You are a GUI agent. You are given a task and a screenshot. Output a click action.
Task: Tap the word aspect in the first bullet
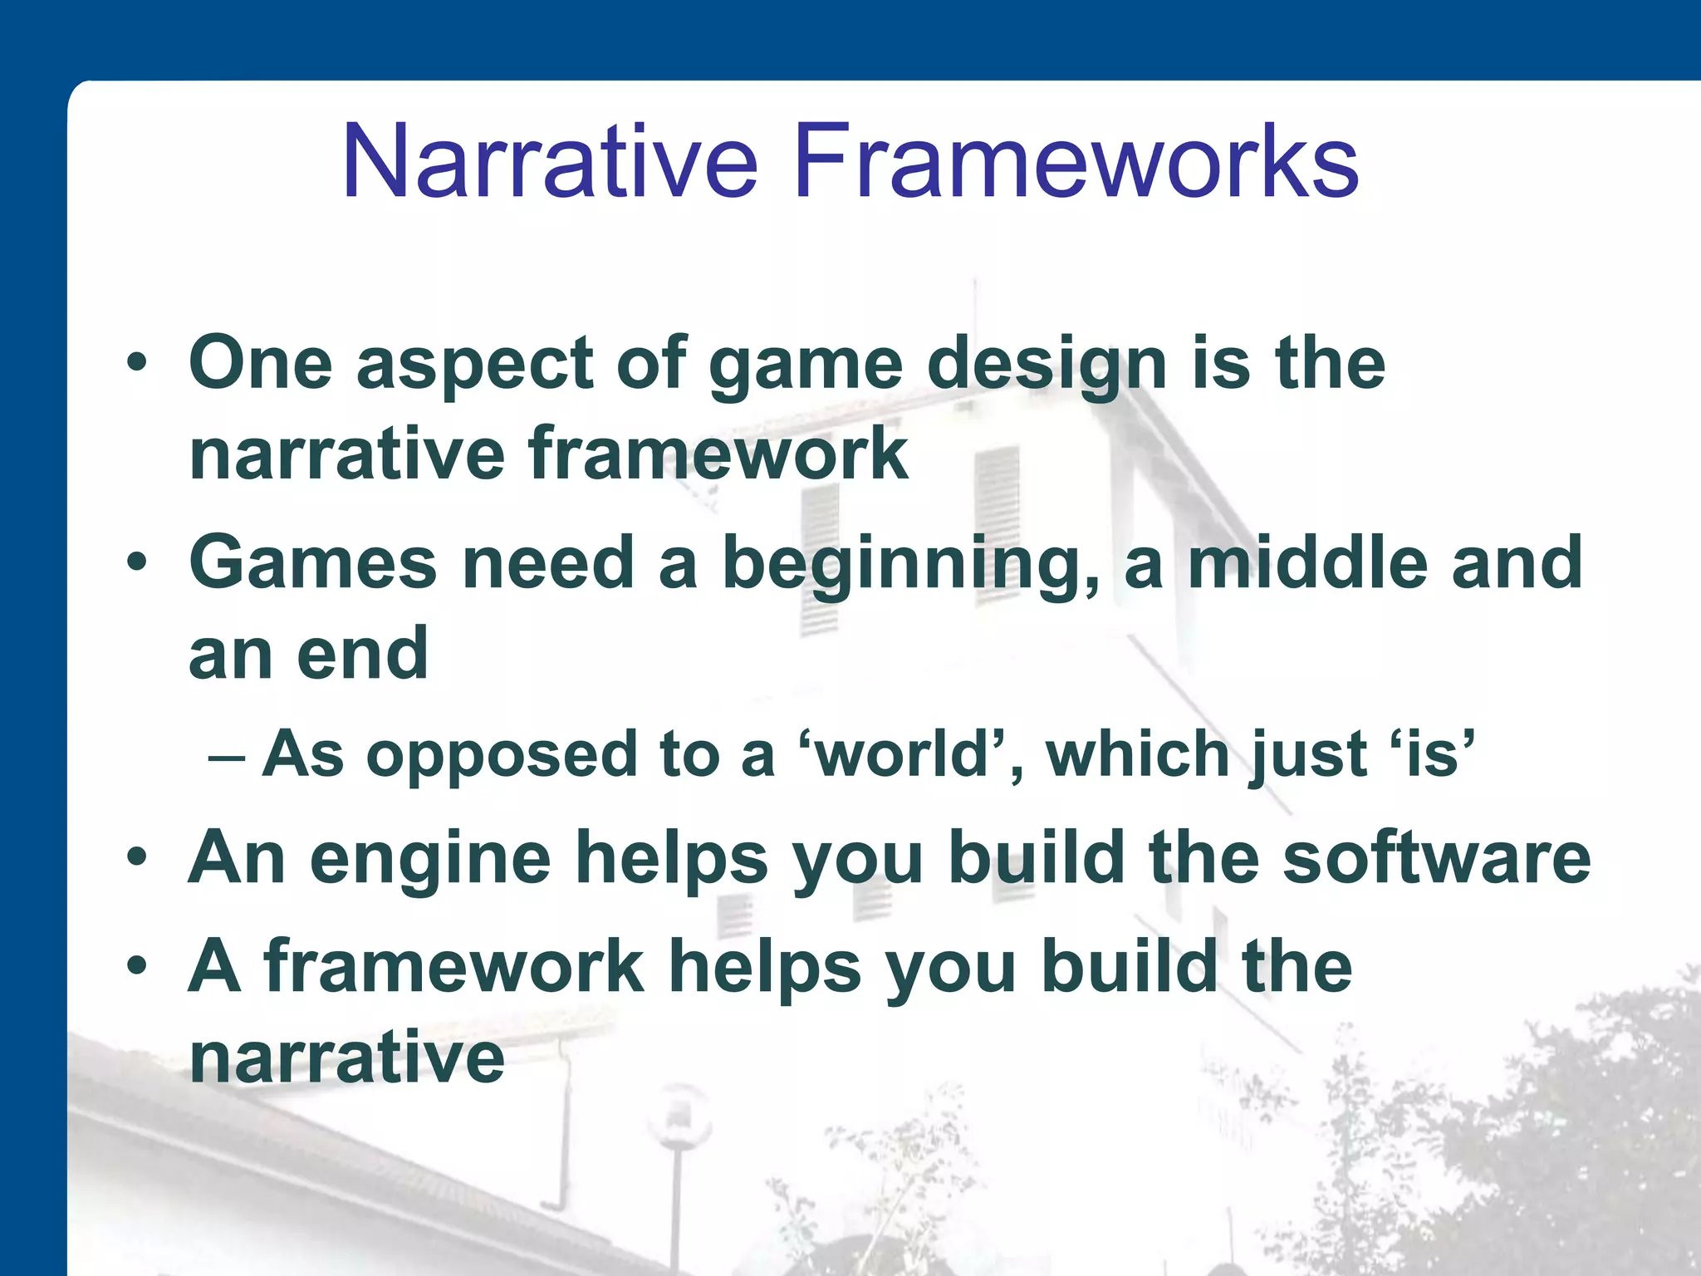pyautogui.click(x=474, y=366)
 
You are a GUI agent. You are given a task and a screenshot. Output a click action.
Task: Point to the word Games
pyautogui.click(x=312, y=562)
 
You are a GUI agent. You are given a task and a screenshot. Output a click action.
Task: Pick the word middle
pyautogui.click(x=1307, y=562)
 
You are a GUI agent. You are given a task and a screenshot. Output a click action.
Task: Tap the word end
pyautogui.click(x=362, y=654)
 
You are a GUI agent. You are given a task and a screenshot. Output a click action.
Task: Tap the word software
pyautogui.click(x=1436, y=857)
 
